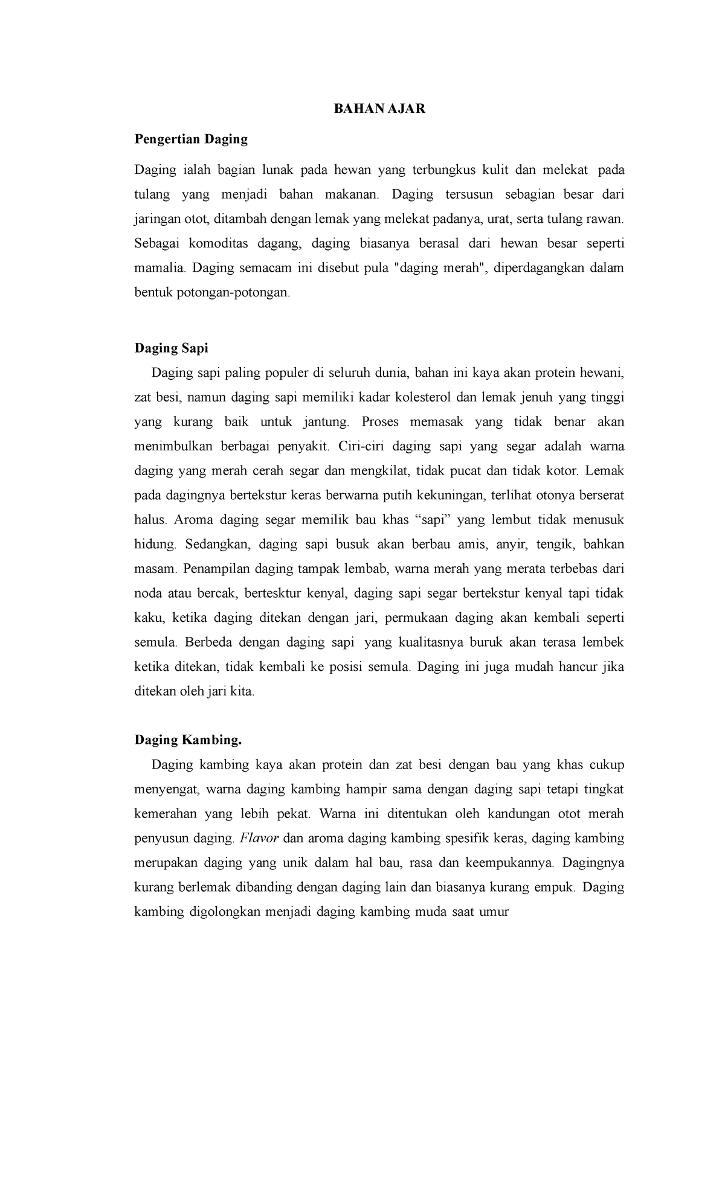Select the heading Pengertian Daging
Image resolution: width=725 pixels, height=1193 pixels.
[x=191, y=139]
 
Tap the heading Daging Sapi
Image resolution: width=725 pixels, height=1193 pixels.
[x=171, y=348]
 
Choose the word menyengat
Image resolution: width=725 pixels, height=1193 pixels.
[x=166, y=789]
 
